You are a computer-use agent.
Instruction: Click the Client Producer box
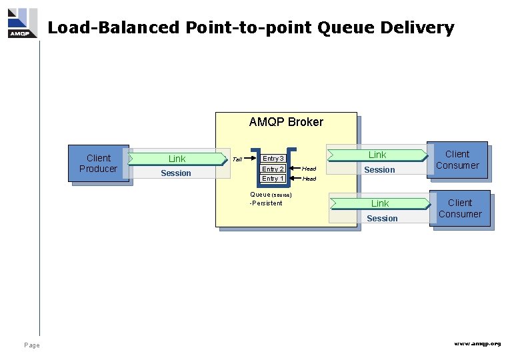[98, 163]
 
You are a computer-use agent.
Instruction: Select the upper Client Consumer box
[457, 160]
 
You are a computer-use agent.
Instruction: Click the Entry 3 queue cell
[273, 159]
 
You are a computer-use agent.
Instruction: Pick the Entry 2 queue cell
[273, 169]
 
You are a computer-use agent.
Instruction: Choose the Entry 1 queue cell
[273, 179]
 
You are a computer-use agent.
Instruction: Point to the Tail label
[237, 159]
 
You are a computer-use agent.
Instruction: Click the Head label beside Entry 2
[309, 169]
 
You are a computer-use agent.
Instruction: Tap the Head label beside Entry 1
[309, 179]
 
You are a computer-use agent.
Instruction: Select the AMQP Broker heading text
[286, 122]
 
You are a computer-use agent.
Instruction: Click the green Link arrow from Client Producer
[177, 159]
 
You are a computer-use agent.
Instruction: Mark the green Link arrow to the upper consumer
[377, 155]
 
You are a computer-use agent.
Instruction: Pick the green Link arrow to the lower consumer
[380, 203]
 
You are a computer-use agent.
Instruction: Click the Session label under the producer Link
[176, 173]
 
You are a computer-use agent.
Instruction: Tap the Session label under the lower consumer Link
[382, 219]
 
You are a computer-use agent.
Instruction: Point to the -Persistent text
[266, 203]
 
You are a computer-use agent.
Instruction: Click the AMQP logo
[22, 23]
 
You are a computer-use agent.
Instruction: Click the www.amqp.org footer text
[477, 343]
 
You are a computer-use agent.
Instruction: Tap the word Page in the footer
[31, 345]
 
